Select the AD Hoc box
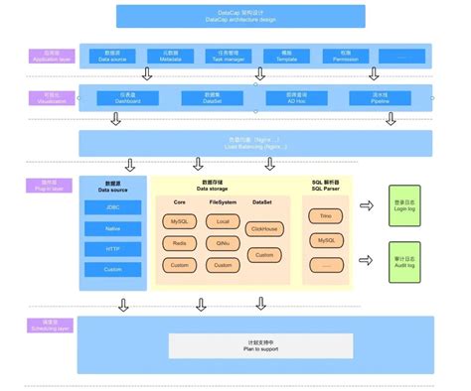[280, 97]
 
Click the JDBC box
[112, 206]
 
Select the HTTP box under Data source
[112, 249]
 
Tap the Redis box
[179, 243]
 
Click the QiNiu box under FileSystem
[223, 243]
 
